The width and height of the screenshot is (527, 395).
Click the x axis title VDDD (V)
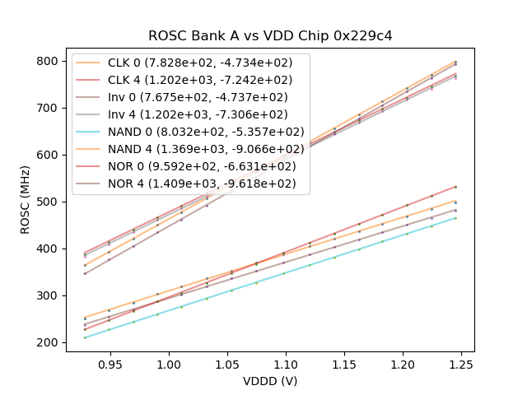tap(269, 381)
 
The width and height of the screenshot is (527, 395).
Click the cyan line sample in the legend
tap(91, 132)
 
